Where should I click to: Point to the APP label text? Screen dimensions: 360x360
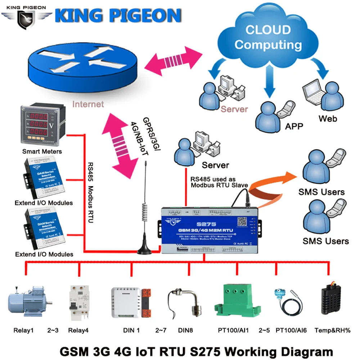point(294,126)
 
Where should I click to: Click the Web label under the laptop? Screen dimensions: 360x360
point(327,118)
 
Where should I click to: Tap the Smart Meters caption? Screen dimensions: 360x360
point(42,151)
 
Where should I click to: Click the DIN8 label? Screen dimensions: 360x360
point(186,330)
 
